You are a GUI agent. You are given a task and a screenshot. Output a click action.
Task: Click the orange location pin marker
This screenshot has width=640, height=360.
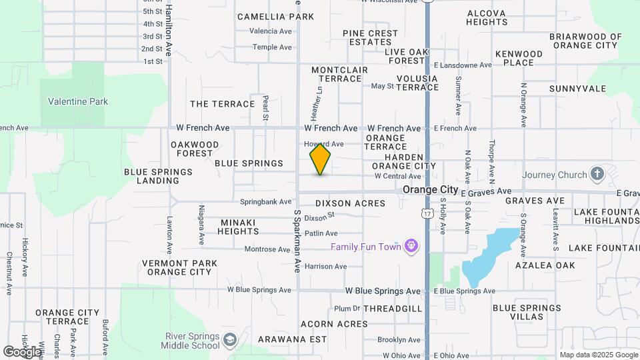321,159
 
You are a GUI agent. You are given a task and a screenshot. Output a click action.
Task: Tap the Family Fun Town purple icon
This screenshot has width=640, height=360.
411,247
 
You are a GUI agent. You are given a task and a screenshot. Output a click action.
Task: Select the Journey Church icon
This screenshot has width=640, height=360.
597,175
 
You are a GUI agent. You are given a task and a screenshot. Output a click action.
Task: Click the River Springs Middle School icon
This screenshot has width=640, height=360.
230,340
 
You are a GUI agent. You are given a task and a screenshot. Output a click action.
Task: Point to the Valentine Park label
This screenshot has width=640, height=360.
78,102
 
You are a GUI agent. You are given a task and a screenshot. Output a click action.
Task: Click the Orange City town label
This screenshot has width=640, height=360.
431,190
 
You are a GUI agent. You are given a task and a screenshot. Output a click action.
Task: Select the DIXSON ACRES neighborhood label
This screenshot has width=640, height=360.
350,203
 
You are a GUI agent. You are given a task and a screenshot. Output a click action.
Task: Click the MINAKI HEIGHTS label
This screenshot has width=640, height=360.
238,227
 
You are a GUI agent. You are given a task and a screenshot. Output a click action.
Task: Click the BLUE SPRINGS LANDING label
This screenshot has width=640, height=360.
158,176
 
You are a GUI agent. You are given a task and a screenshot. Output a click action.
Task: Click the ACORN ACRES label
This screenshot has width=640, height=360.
334,324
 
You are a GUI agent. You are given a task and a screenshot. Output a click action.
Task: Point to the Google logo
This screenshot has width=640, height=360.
21,351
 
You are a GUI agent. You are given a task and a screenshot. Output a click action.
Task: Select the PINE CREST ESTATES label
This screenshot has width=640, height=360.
370,37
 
